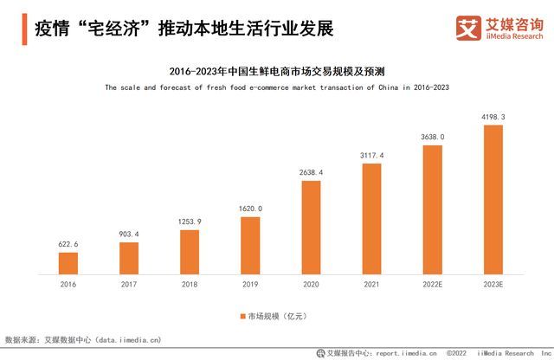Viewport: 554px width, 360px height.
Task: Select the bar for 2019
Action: pos(250,245)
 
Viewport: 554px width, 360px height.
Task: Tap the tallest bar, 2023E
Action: pos(493,199)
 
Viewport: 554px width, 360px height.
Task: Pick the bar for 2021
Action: pos(371,218)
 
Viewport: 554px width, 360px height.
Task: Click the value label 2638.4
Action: pos(311,172)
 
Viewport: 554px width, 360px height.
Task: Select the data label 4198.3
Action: pos(493,116)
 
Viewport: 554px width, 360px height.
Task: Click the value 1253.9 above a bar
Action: pos(190,222)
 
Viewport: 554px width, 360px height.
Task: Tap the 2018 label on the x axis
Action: pos(190,283)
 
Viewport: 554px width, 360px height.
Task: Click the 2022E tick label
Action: pos(432,283)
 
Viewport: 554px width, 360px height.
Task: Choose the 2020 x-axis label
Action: pos(311,283)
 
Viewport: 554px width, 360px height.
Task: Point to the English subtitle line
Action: pos(277,87)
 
